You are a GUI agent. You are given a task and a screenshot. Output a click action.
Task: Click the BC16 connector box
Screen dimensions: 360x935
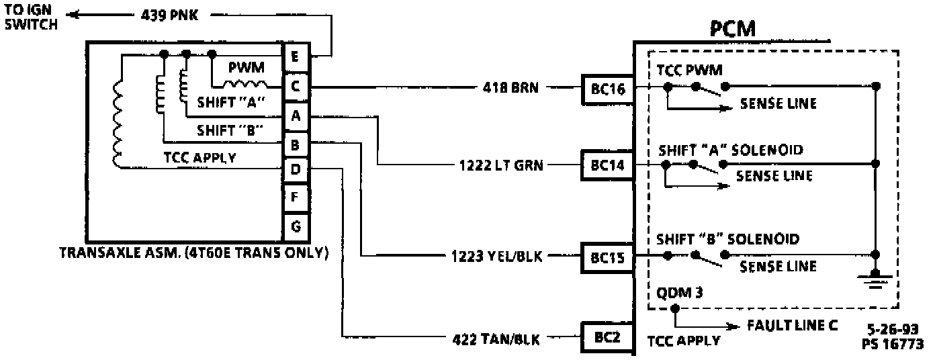tap(607, 87)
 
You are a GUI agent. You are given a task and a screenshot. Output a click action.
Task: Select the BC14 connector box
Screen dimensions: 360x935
tap(607, 164)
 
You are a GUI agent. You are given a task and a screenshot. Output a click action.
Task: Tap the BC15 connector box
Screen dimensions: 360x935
tap(607, 257)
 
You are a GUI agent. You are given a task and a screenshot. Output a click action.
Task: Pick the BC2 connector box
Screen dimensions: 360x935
tap(607, 338)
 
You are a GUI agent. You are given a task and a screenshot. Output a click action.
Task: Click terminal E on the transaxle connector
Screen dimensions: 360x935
tap(296, 55)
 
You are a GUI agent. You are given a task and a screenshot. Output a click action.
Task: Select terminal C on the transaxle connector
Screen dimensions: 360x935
tap(296, 86)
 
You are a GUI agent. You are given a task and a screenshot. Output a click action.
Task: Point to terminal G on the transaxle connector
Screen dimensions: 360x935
tap(296, 227)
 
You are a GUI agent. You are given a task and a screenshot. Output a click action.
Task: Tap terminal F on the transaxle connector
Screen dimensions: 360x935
tap(296, 199)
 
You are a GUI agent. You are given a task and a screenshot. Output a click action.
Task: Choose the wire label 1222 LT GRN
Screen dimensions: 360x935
tap(500, 164)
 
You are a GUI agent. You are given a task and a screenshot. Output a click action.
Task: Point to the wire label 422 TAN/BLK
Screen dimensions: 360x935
tap(495, 338)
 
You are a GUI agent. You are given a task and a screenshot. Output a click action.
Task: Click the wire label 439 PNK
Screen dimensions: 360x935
tap(169, 15)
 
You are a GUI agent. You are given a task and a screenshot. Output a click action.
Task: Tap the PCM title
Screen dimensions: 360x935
tap(733, 30)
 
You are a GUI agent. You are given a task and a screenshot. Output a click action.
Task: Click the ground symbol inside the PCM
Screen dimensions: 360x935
tap(875, 277)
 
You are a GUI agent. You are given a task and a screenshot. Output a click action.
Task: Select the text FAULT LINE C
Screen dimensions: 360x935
tap(793, 326)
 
